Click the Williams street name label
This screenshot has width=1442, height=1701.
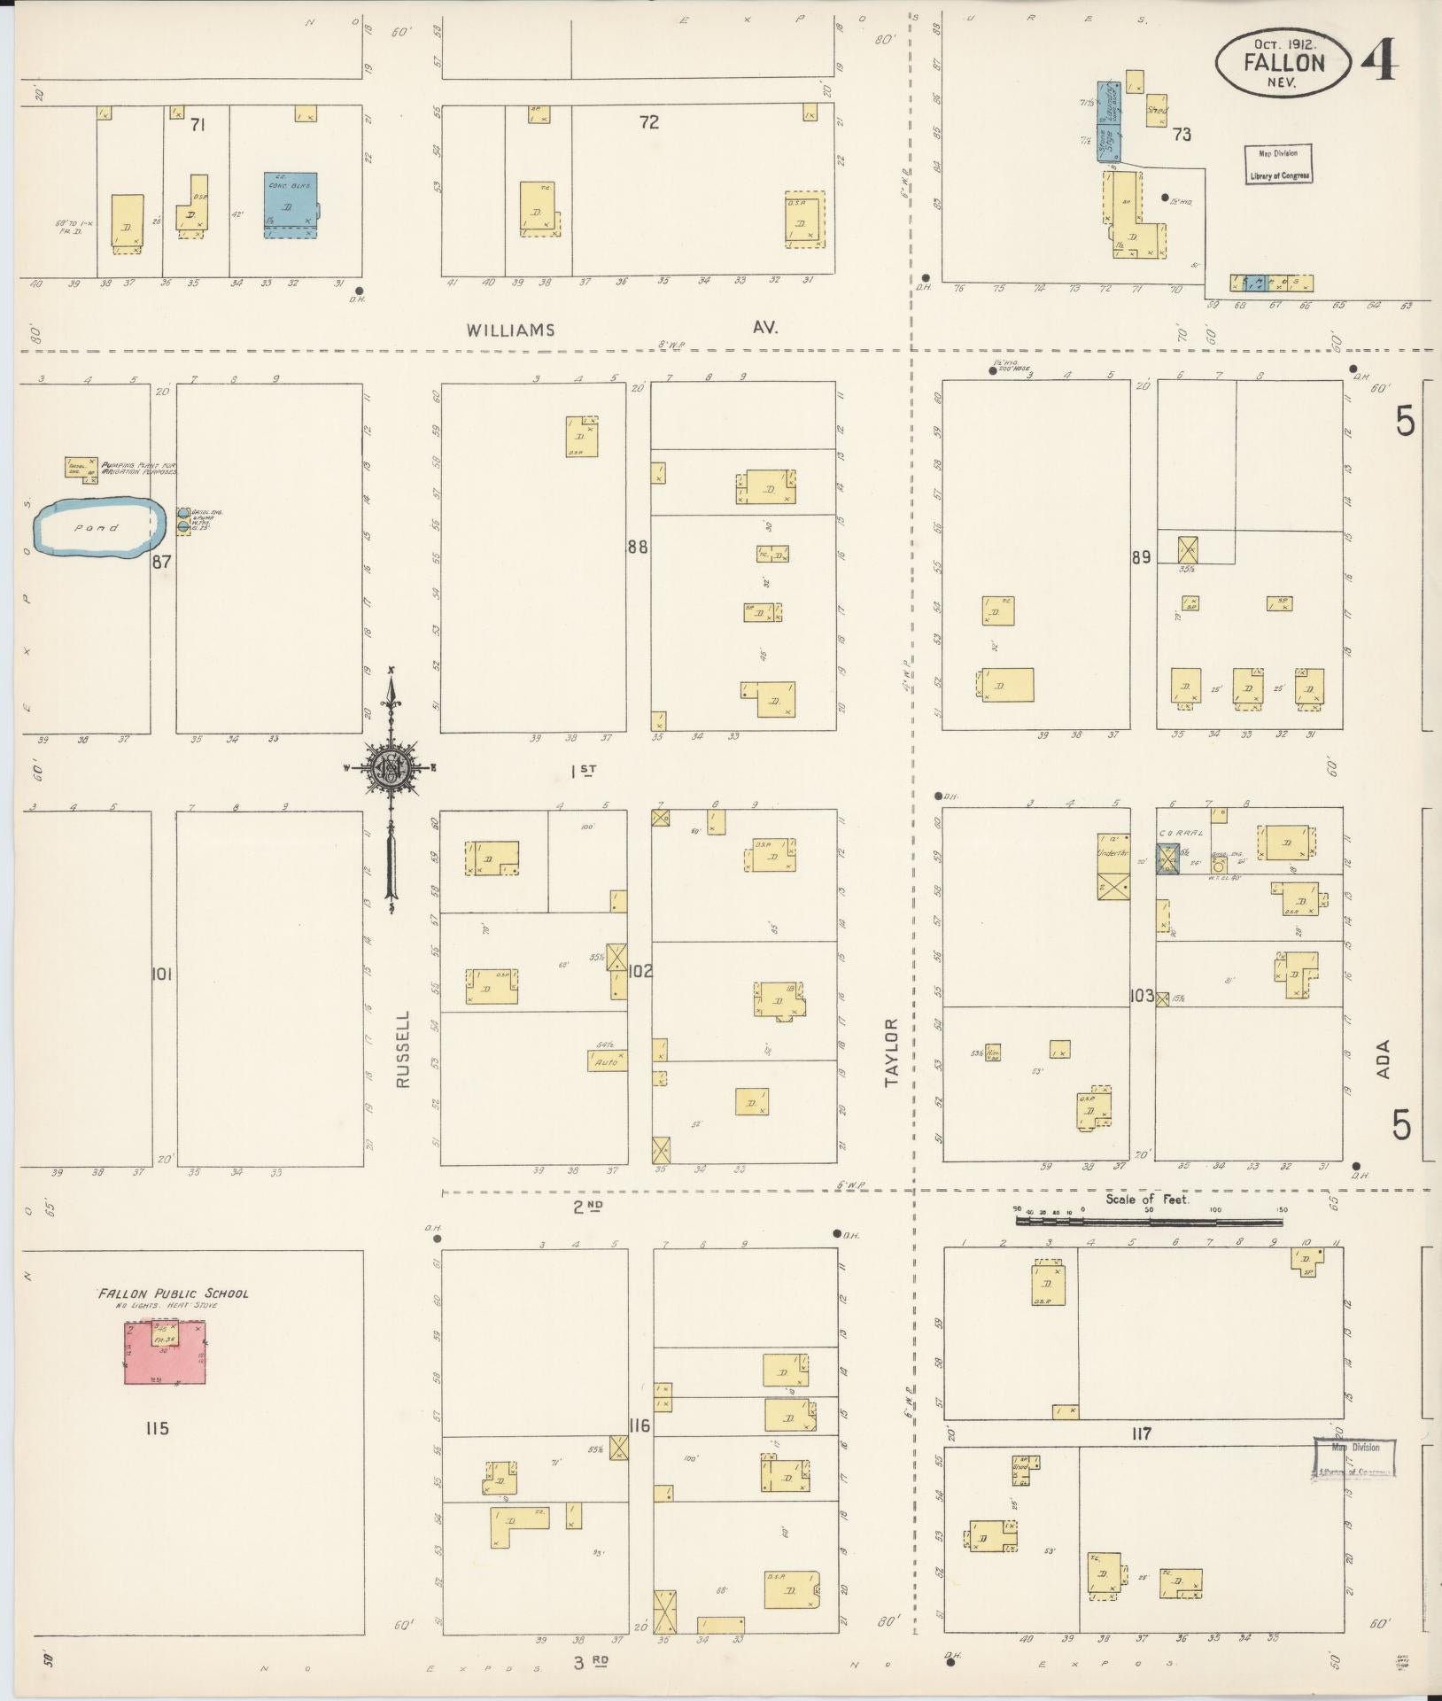click(511, 330)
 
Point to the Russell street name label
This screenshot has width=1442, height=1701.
click(404, 1050)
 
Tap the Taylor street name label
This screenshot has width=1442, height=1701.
click(891, 1052)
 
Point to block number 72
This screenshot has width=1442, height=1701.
click(649, 122)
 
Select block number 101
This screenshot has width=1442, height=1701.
click(160, 975)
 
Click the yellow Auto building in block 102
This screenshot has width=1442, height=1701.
click(608, 1059)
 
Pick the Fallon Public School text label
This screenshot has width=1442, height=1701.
click(174, 1293)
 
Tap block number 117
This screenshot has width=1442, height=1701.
click(1141, 1433)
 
